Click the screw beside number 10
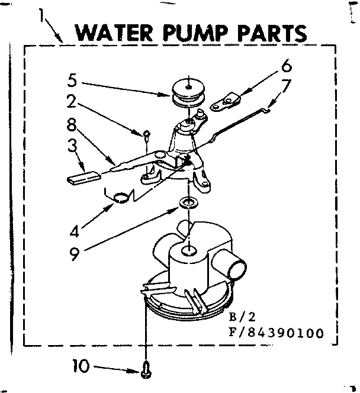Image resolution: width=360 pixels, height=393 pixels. (144, 369)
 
